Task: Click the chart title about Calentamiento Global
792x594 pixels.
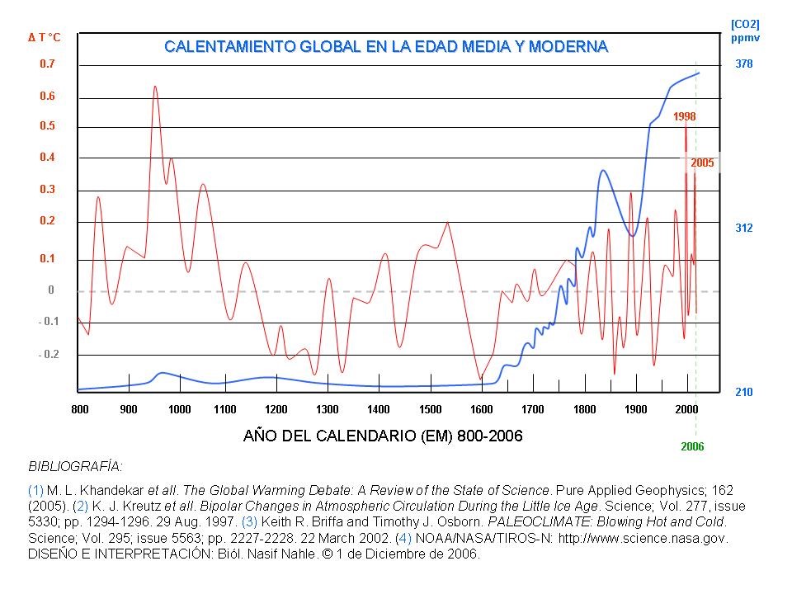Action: tap(386, 46)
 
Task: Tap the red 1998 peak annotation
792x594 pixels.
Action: tap(684, 117)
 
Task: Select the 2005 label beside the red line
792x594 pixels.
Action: tap(702, 163)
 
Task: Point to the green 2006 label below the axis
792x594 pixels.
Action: tap(692, 446)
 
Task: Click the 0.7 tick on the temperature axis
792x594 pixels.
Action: tap(47, 64)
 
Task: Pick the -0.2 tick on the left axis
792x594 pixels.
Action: tap(49, 355)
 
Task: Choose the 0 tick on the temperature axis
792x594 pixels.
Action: tap(50, 290)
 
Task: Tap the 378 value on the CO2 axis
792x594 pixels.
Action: tap(743, 64)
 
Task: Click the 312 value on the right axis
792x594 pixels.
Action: tap(743, 228)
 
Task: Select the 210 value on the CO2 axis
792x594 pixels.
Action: tap(743, 393)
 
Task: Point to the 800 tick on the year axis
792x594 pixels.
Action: tap(80, 409)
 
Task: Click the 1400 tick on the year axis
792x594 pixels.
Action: tap(379, 409)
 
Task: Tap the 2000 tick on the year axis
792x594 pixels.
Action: tap(687, 409)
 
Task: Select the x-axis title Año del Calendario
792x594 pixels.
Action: tap(383, 435)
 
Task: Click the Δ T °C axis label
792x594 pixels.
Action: tap(45, 37)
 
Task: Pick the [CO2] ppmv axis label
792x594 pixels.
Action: tap(744, 31)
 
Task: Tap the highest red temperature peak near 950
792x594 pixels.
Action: tap(154, 87)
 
